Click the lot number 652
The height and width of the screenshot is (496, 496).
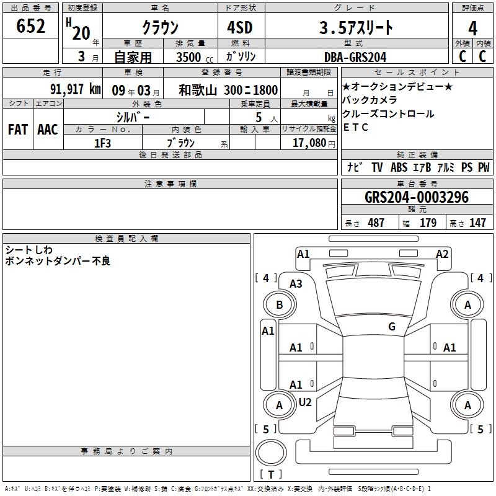coord(30,26)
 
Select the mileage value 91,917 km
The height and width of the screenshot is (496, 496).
coord(76,89)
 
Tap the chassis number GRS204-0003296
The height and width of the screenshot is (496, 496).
coord(417,197)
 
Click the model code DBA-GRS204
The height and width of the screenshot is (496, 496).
coord(355,57)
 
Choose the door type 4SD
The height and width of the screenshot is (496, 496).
coord(240,27)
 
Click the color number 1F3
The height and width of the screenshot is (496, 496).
coord(102,143)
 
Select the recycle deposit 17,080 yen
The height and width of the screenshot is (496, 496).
coord(314,143)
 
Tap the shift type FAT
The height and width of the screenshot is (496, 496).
coord(18,130)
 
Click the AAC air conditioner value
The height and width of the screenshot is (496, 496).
coord(48,130)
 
